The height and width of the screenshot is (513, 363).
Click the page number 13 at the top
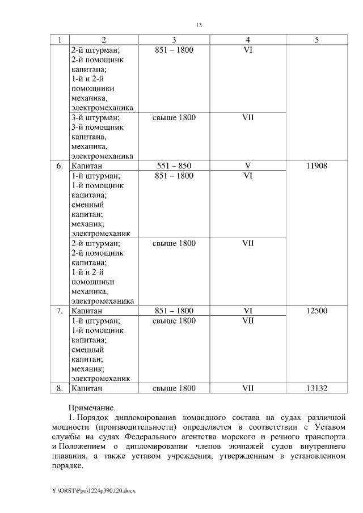click(199, 26)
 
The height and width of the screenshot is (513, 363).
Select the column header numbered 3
click(174, 40)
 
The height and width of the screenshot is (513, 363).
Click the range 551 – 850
click(174, 166)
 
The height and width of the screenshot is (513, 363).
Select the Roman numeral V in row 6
click(248, 166)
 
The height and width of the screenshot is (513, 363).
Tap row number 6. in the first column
click(60, 166)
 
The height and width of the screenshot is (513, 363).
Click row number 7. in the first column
click(60, 311)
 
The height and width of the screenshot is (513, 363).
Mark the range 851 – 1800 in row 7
click(174, 311)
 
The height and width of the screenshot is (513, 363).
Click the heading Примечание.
click(91, 407)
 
